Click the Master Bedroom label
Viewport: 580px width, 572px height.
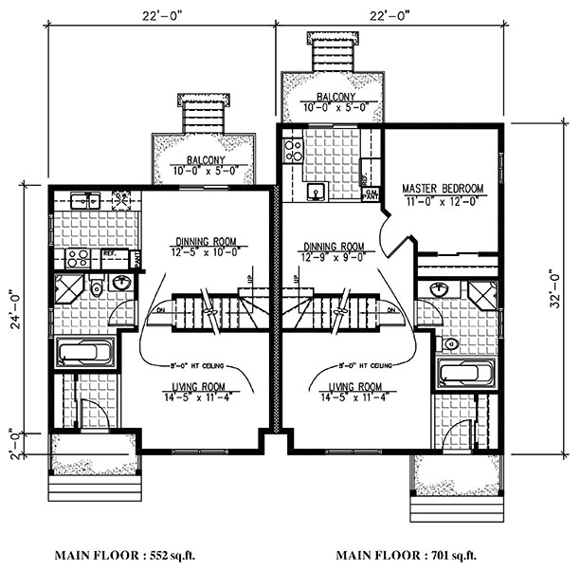(443, 188)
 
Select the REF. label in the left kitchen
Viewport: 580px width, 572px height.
(110, 253)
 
